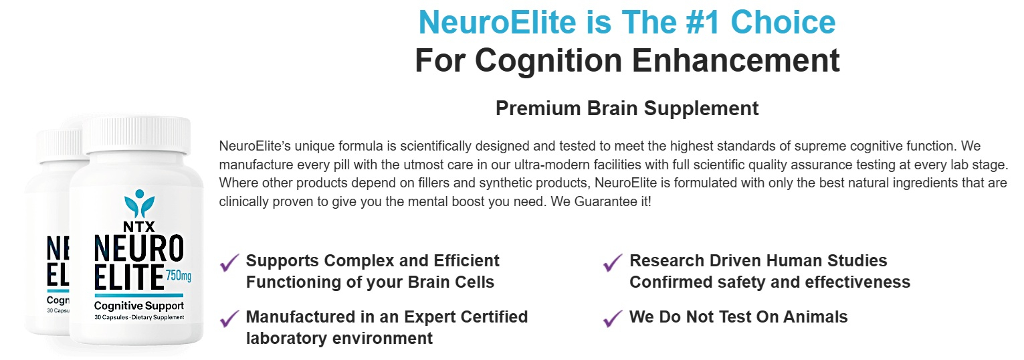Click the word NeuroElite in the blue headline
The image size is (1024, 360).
(x=498, y=22)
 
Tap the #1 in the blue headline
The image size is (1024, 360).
(x=704, y=22)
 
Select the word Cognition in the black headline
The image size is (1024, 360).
(x=548, y=61)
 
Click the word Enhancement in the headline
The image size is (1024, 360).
(x=736, y=60)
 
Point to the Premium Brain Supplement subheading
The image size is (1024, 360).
(x=627, y=108)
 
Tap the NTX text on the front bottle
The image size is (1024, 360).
(x=139, y=226)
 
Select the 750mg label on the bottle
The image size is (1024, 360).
(x=179, y=276)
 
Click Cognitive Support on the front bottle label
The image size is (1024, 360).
(x=139, y=306)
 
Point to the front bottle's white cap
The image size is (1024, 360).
(x=136, y=135)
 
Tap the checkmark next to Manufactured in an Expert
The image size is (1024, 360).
(x=229, y=319)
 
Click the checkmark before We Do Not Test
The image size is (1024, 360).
(x=613, y=319)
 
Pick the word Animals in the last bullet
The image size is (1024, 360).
(x=815, y=317)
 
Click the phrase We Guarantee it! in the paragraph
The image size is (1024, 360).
(x=601, y=201)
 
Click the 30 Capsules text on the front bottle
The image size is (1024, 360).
(x=111, y=317)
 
